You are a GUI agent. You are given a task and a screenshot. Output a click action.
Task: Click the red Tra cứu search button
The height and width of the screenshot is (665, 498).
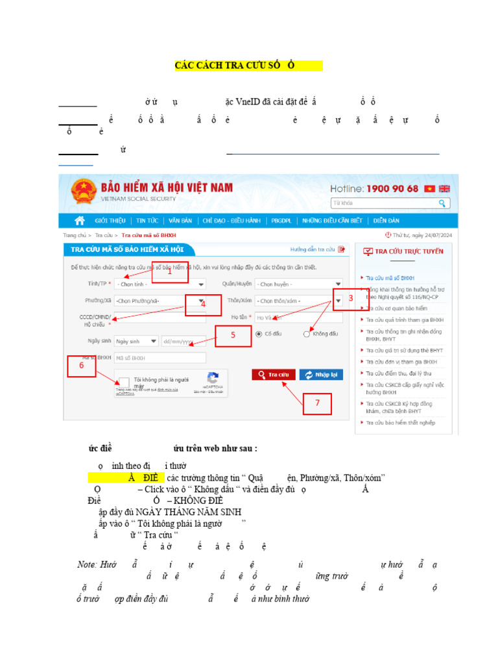pyautogui.click(x=274, y=375)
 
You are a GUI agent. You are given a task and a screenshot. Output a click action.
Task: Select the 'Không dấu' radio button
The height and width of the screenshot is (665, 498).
pyautogui.click(x=307, y=334)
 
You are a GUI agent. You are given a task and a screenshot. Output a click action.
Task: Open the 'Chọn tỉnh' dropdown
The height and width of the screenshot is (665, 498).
pyautogui.click(x=160, y=284)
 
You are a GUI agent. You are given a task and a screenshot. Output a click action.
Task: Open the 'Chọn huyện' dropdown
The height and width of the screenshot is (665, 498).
pyautogui.click(x=298, y=284)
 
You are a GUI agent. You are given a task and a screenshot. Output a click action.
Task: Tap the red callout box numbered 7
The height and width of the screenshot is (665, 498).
pyautogui.click(x=317, y=403)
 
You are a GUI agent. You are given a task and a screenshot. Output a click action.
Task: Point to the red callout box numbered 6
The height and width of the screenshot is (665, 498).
pyautogui.click(x=82, y=365)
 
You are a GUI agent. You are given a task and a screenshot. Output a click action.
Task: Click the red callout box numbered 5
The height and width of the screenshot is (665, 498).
pyautogui.click(x=233, y=336)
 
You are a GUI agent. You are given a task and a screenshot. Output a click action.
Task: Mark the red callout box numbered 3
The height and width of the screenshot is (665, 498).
pyautogui.click(x=350, y=299)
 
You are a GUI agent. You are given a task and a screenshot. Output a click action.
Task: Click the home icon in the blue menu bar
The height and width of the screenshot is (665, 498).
pyautogui.click(x=80, y=220)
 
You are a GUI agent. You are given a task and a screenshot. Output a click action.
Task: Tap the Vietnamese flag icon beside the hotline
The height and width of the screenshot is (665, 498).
pyautogui.click(x=429, y=188)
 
